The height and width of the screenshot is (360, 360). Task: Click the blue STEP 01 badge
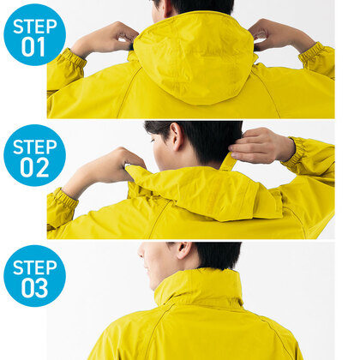tap(34, 34)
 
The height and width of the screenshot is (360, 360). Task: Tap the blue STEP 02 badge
tap(34, 155)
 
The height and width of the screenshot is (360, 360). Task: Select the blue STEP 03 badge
tap(34, 276)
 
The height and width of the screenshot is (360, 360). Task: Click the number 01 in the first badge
tap(33, 47)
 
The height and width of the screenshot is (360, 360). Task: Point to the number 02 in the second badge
tap(34, 167)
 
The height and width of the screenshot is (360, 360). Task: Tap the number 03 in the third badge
tap(34, 288)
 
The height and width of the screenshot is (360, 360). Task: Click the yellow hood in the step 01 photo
tap(195, 57)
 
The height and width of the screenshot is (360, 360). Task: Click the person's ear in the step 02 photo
tap(177, 135)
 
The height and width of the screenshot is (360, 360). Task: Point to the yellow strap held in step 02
tap(228, 161)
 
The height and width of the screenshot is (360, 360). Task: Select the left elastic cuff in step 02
tap(63, 200)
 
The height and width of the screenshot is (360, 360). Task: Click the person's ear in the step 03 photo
tap(183, 250)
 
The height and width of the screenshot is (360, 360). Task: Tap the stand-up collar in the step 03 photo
tap(199, 285)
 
